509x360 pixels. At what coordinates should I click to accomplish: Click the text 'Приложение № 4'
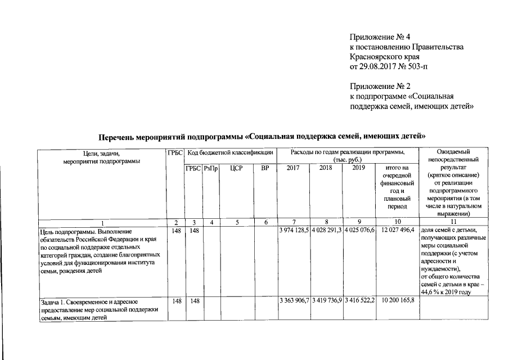[x=377, y=37]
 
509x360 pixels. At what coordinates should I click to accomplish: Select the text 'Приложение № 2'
[x=377, y=87]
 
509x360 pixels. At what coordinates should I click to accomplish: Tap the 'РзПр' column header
[x=211, y=168]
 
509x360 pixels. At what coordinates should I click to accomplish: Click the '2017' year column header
[x=294, y=168]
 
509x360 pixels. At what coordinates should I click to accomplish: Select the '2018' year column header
[x=326, y=168]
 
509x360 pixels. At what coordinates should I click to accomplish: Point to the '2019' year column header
[x=359, y=168]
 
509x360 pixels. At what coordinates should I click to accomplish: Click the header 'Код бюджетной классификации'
[x=230, y=152]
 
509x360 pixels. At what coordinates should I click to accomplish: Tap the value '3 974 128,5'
[x=294, y=231]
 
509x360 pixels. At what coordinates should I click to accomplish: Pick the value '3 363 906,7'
[x=294, y=301]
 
